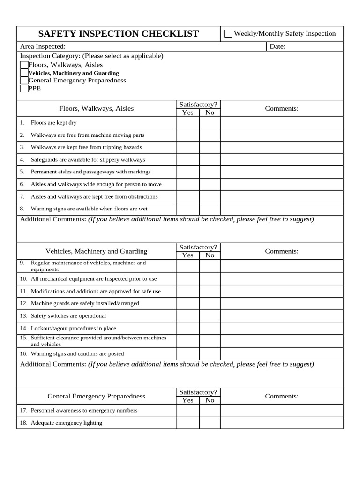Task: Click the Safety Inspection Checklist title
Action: tap(118, 34)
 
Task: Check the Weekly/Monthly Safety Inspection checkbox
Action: tap(228, 34)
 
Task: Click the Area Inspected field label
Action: tap(43, 46)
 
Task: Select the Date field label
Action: tap(277, 46)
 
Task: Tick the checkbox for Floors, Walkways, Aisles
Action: tap(24, 65)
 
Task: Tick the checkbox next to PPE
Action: tap(24, 89)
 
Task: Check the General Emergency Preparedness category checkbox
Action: tap(24, 81)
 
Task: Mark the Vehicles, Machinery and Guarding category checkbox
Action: tap(24, 73)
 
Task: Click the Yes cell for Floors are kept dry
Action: tap(187, 123)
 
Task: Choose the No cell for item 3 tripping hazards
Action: tap(210, 147)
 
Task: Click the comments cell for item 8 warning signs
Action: tap(282, 209)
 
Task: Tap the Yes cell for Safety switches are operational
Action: tap(187, 316)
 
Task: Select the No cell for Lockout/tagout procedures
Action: tap(210, 328)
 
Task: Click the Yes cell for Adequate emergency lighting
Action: tap(187, 423)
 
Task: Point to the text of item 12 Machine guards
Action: tap(84, 303)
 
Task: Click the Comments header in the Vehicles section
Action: tap(282, 251)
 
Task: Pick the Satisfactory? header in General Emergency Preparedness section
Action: tap(198, 392)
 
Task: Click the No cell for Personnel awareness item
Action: tap(210, 411)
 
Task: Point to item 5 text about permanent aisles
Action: tap(90, 172)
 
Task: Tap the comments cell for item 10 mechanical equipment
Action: tap(282, 279)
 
